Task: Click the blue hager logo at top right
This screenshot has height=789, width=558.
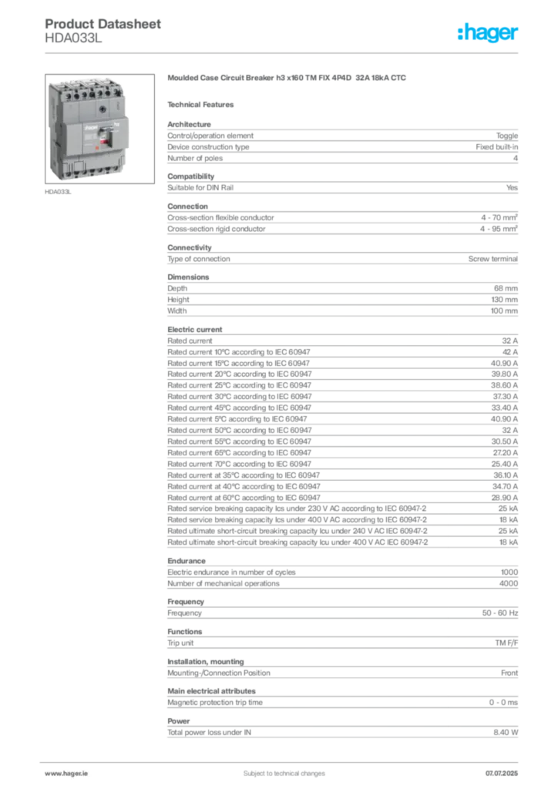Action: [x=489, y=32]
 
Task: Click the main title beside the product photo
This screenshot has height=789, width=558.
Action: [x=285, y=79]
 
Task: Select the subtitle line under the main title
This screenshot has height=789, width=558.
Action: [x=203, y=104]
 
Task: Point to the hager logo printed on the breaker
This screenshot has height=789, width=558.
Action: [x=88, y=123]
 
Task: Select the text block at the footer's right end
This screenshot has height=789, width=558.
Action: [x=506, y=770]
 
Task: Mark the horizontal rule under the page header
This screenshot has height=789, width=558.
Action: [x=284, y=52]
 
